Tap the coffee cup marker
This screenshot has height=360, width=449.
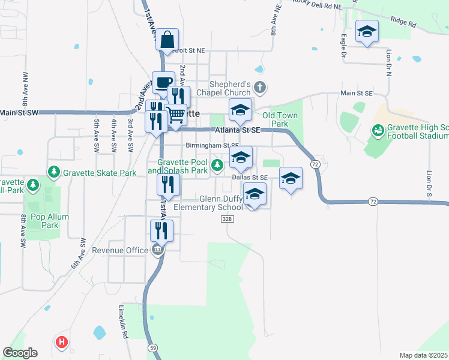[x=163, y=83]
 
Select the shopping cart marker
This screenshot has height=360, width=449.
[x=176, y=114]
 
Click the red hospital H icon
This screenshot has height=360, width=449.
[x=61, y=343]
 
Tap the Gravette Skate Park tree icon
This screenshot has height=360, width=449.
[x=54, y=173]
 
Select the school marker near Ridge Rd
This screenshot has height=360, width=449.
[x=367, y=32]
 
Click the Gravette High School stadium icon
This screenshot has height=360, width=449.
[x=378, y=129]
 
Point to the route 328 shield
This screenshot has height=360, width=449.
[x=226, y=220]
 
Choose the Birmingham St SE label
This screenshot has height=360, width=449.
[x=212, y=145]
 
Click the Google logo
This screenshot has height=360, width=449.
[x=20, y=353]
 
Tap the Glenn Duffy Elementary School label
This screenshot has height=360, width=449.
[x=208, y=203]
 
